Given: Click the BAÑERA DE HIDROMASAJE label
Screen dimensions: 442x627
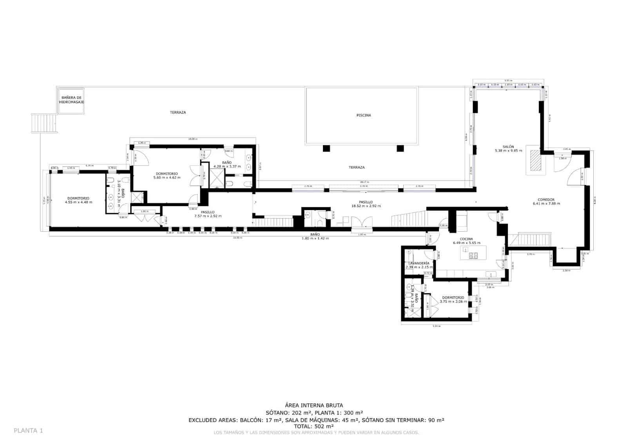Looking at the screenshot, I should tap(71, 100).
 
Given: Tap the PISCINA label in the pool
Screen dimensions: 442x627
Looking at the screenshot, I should tap(364, 115).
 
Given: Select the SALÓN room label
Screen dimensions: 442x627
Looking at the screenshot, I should tap(508, 147).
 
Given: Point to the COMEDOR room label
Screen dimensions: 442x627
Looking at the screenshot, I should tap(546, 199).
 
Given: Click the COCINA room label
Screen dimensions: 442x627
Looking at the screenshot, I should tap(466, 239).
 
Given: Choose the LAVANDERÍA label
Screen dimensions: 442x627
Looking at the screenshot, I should tap(418, 263).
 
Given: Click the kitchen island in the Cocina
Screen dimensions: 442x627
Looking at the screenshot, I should tap(473, 253).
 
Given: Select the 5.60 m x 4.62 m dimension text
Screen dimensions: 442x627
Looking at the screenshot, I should tap(167, 178).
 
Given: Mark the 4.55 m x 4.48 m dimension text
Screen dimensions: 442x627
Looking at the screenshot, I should tap(78, 202).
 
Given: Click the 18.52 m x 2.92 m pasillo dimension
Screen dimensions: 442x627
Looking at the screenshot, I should tap(366, 206).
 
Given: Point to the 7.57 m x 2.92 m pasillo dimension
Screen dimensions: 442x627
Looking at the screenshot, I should tap(208, 216).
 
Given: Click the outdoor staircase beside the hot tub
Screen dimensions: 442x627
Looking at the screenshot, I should tap(44, 123).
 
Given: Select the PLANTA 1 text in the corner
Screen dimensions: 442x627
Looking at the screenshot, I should tap(28, 431).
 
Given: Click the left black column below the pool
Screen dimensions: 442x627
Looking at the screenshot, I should tap(326, 148).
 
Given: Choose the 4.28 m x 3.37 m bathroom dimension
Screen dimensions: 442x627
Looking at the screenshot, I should tap(227, 166).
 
